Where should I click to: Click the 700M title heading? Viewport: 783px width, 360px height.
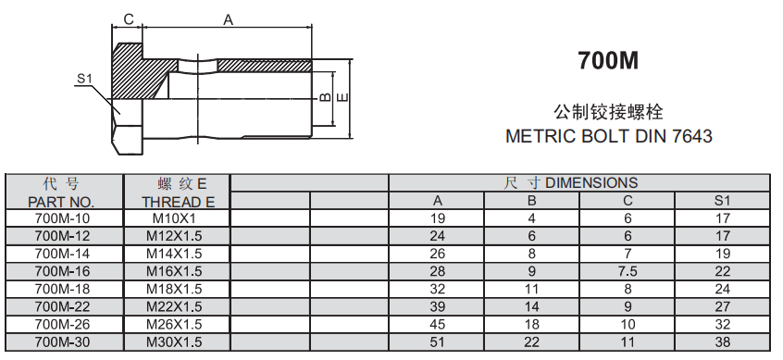click(608, 60)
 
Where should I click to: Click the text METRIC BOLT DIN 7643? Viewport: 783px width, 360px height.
click(609, 136)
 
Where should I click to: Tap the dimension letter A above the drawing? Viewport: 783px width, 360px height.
click(229, 20)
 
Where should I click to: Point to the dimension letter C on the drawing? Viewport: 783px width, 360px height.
click(129, 19)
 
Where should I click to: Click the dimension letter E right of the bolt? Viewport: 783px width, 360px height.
click(343, 97)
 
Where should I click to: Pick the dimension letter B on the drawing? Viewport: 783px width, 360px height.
click(325, 97)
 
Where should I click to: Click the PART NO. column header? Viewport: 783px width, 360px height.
click(61, 202)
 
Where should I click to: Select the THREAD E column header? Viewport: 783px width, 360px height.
click(178, 202)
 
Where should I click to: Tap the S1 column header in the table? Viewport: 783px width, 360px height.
click(722, 201)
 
